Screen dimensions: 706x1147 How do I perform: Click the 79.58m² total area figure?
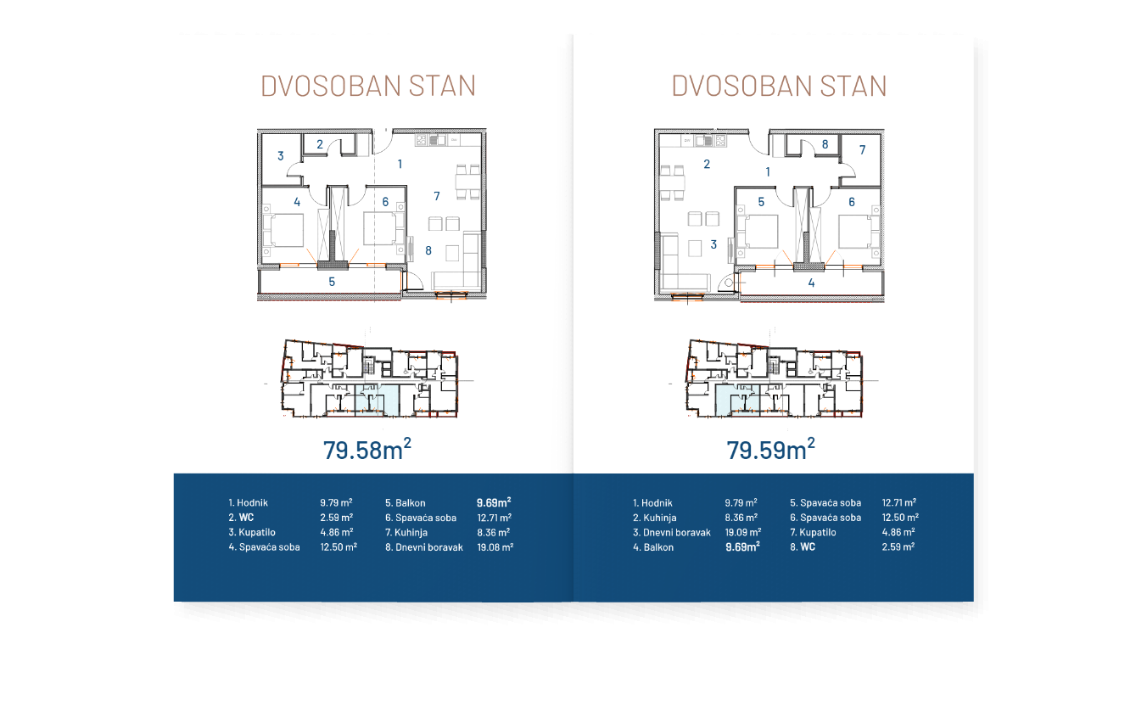[x=366, y=449]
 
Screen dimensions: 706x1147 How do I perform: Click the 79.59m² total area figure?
[x=770, y=449]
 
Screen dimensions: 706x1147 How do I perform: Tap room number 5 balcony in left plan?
[x=332, y=281]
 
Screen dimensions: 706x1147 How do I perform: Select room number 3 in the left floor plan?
[x=280, y=155]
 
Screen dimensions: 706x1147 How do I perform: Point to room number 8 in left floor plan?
[x=428, y=250]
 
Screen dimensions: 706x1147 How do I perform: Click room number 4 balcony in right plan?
[x=811, y=283]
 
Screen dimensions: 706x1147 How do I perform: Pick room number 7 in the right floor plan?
[x=862, y=150]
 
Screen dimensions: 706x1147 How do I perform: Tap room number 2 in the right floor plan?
[x=707, y=165]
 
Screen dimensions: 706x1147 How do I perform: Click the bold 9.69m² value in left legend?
[x=494, y=502]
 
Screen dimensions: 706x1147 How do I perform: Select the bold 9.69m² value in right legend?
[x=742, y=547]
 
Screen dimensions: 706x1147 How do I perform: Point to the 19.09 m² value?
[x=742, y=532]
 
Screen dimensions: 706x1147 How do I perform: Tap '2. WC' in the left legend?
[x=241, y=518]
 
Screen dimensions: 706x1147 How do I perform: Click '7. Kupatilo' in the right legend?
[x=813, y=532]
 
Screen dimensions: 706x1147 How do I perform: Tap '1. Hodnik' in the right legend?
[x=652, y=502]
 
